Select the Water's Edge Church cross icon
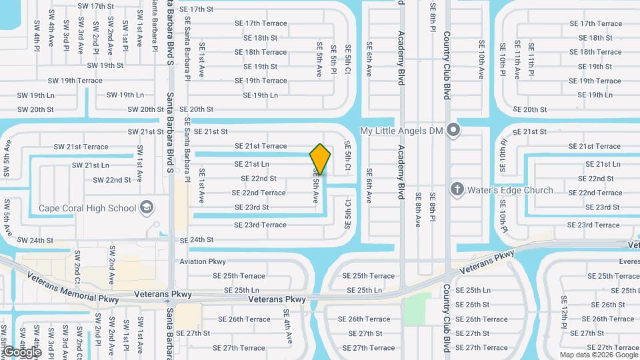457,190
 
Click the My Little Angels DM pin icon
453,130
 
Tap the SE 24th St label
197,239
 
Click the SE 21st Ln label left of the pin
251,164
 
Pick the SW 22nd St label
112,180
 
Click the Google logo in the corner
21,351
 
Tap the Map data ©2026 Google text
598,355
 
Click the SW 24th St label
35,240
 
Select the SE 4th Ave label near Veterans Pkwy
288,326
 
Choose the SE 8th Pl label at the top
433,20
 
